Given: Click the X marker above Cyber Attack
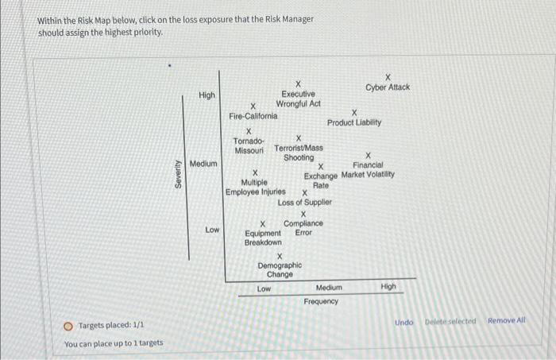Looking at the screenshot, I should (x=388, y=76).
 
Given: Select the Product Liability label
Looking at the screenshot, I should (x=353, y=123).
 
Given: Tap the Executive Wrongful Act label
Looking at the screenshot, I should (x=298, y=99).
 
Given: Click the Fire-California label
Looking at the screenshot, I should (x=253, y=116).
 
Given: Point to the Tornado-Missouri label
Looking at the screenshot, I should (x=249, y=145).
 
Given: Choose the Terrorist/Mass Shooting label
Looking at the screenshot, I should (x=298, y=153).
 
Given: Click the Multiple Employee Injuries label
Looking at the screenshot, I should (x=255, y=187).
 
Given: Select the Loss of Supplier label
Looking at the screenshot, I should (x=304, y=203).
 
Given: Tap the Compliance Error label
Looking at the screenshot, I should (x=303, y=228).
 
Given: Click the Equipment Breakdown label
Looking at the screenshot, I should (x=263, y=238).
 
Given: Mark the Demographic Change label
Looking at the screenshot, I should (x=280, y=269).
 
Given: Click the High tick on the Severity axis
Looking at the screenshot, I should (x=207, y=95).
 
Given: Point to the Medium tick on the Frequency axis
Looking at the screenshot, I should (x=329, y=288).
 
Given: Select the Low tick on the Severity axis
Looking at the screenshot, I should (x=212, y=230).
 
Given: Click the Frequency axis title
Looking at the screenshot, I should (x=320, y=302).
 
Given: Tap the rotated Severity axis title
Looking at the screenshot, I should (x=179, y=173).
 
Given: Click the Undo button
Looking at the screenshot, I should (x=404, y=322).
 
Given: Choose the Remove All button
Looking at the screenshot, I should (x=507, y=321).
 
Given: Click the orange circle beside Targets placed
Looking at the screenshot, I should (x=69, y=325).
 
